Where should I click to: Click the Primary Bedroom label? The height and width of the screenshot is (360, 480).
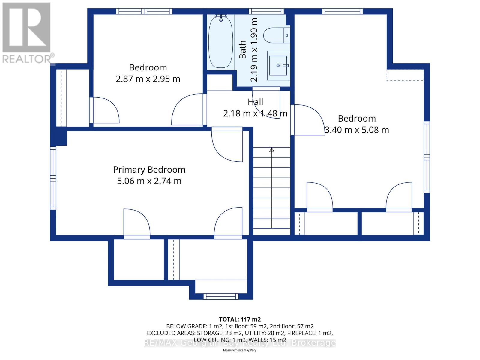(149, 169)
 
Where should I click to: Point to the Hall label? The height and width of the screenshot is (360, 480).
(255, 102)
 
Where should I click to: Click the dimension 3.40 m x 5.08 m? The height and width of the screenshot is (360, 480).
(357, 130)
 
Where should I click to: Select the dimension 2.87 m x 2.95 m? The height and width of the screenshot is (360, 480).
(148, 79)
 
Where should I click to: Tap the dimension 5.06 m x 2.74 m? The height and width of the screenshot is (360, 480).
(149, 181)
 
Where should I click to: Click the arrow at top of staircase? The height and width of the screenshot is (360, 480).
(272, 149)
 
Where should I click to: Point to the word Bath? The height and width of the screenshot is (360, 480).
(242, 49)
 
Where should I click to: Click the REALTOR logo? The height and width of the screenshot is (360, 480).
(27, 33)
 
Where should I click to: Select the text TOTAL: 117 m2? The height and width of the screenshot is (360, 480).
(240, 319)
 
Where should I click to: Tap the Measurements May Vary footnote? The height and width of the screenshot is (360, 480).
(240, 350)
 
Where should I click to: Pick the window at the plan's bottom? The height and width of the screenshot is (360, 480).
(221, 296)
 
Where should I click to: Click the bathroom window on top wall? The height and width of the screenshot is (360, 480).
(266, 11)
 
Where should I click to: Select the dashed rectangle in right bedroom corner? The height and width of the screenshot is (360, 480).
(405, 75)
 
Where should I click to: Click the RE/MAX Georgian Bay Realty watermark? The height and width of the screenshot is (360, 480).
(240, 343)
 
